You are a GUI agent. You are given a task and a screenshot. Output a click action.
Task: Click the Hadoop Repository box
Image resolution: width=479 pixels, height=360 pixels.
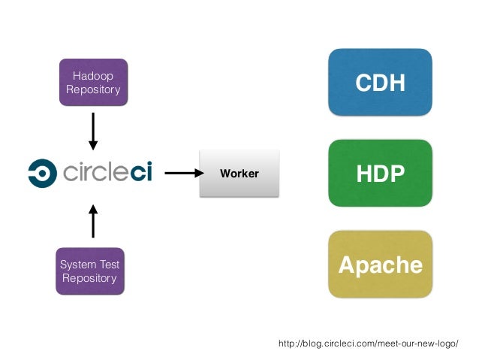(x=94, y=82)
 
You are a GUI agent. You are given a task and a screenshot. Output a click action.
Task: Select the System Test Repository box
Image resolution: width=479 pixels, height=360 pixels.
(x=90, y=271)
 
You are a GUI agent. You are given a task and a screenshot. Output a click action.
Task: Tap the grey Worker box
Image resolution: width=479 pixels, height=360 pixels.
(x=239, y=174)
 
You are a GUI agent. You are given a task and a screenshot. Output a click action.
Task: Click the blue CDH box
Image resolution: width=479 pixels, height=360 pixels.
(x=381, y=82)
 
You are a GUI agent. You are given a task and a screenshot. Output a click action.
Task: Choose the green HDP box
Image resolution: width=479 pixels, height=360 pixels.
(x=381, y=173)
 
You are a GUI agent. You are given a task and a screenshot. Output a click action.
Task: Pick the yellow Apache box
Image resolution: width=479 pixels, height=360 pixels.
(x=381, y=265)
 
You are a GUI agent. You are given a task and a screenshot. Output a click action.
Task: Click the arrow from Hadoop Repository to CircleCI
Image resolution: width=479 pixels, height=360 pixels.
(x=93, y=132)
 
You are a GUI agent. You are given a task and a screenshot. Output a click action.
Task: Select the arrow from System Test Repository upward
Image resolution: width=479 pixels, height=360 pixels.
(x=93, y=221)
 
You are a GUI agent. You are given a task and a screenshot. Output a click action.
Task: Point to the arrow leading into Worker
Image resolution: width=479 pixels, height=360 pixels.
(x=184, y=173)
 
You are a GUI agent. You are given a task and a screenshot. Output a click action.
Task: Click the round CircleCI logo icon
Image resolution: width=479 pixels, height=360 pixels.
(x=43, y=173)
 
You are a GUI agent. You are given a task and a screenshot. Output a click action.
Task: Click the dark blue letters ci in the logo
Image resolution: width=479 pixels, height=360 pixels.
(x=141, y=172)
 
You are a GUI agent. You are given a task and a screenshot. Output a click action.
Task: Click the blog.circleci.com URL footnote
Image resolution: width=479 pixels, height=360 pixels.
(x=369, y=343)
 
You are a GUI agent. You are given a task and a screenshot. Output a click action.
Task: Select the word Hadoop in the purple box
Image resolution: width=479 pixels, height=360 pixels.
(x=93, y=76)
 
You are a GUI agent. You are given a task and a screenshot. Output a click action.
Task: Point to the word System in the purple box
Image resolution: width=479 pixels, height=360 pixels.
(x=79, y=265)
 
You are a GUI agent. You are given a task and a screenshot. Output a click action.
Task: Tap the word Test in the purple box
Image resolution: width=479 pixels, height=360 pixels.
(x=110, y=265)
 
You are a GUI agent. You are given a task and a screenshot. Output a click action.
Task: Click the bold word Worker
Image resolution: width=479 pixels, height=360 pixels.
(x=239, y=174)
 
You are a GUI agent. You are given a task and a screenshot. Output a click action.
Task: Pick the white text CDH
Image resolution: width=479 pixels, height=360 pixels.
(x=381, y=82)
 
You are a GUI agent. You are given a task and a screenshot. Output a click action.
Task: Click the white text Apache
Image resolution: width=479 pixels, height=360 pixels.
(x=381, y=265)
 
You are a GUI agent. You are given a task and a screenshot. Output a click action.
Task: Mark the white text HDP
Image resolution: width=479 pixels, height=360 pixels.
(x=381, y=174)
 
